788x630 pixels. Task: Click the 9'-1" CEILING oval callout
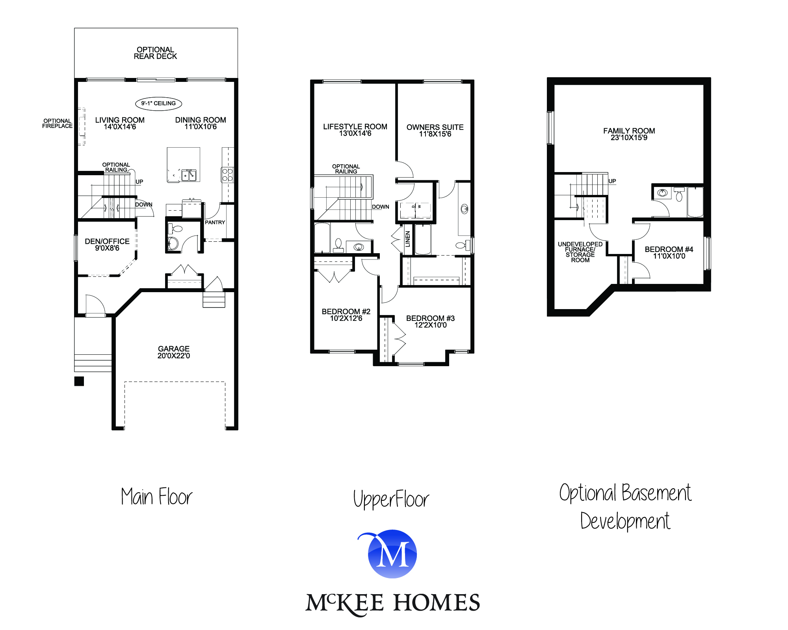pos(158,104)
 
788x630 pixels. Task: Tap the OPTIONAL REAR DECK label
pos(155,53)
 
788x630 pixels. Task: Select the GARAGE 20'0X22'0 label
pos(174,352)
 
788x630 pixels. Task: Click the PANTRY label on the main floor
pos(215,222)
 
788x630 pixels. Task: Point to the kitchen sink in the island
pos(189,175)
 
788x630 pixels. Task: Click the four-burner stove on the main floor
pos(227,175)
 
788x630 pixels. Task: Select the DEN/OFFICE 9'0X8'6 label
pos(107,245)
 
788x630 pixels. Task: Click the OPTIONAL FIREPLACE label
pos(58,124)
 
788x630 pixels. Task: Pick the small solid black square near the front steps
pos(79,381)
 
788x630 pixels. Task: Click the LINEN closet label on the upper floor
pos(408,239)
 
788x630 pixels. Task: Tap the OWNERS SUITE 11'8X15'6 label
pos(435,131)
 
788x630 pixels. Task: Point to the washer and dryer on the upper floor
pos(416,211)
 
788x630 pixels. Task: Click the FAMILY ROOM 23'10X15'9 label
pos(629,134)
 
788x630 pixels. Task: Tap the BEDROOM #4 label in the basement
pos(669,253)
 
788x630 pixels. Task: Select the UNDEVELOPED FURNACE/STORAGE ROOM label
pos(580,252)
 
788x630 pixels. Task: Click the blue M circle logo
pos(392,554)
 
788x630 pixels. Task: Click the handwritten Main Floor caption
pos(157,497)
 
